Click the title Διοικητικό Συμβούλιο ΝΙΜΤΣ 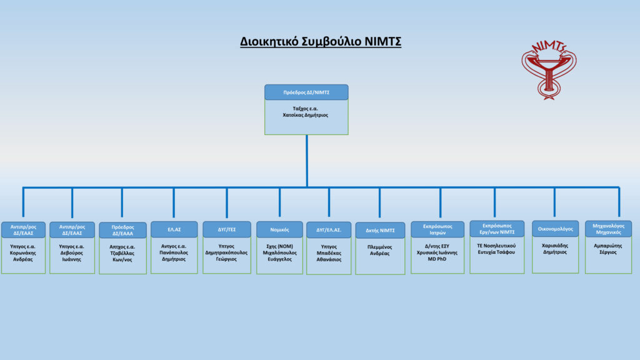click(x=321, y=42)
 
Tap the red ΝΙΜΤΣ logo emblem click(x=549, y=70)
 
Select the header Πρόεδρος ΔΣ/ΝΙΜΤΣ click(x=306, y=92)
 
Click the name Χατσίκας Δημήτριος click(x=305, y=115)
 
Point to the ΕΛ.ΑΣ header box click(x=174, y=229)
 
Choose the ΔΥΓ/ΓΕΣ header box click(x=226, y=229)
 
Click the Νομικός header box click(x=279, y=230)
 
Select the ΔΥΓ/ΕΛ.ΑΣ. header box click(x=329, y=230)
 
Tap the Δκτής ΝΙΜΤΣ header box click(x=380, y=230)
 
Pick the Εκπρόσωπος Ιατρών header click(x=437, y=229)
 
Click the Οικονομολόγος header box click(x=555, y=229)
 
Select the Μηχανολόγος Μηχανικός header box click(x=608, y=229)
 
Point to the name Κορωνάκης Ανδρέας click(x=23, y=256)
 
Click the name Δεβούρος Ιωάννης click(x=71, y=256)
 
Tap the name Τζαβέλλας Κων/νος click(x=122, y=256)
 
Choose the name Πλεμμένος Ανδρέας click(x=379, y=250)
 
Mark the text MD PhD click(x=437, y=259)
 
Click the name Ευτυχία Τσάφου click(x=496, y=252)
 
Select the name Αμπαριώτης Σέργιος click(x=607, y=249)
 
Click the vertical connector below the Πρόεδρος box click(x=306, y=161)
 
